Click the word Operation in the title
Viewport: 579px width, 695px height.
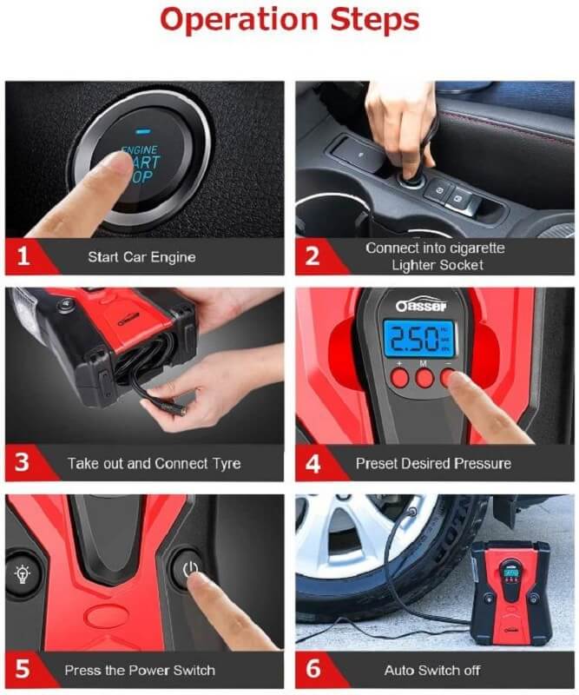pyautogui.click(x=240, y=20)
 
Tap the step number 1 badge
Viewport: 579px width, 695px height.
pyautogui.click(x=23, y=256)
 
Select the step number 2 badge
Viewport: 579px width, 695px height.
pyautogui.click(x=313, y=256)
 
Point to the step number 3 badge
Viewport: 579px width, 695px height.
pyautogui.click(x=23, y=462)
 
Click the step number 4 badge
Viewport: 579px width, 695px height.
pyautogui.click(x=313, y=463)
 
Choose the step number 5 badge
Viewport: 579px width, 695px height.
pyautogui.click(x=23, y=669)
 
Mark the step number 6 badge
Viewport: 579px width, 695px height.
pyautogui.click(x=313, y=669)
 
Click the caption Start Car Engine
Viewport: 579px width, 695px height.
pyautogui.click(x=141, y=257)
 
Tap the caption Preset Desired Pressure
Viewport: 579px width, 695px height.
pyautogui.click(x=433, y=464)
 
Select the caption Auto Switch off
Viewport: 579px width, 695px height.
pyautogui.click(x=432, y=670)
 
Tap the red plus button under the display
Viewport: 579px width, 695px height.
pyautogui.click(x=399, y=378)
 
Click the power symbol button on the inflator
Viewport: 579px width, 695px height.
pyautogui.click(x=190, y=569)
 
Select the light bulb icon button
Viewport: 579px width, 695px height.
pyautogui.click(x=23, y=574)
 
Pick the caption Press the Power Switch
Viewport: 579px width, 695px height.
pyautogui.click(x=140, y=670)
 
